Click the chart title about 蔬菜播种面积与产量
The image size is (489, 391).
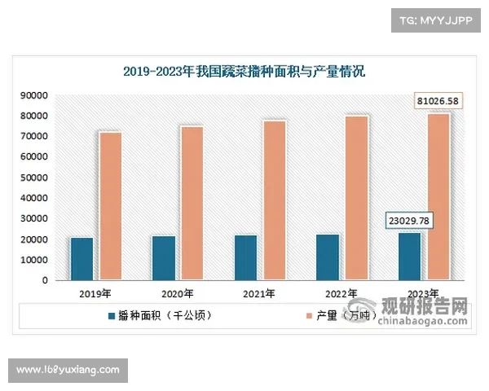(244, 72)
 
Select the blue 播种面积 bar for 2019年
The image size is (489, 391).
(81, 259)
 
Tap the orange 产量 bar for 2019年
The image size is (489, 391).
(110, 206)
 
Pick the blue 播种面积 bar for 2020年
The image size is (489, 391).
(163, 258)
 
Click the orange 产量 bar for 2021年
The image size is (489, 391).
(274, 200)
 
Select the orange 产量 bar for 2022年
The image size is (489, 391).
(356, 198)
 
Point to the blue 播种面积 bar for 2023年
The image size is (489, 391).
(409, 257)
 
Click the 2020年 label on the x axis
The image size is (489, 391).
(177, 293)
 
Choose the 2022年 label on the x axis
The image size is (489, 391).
(341, 293)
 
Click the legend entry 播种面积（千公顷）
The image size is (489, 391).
(159, 314)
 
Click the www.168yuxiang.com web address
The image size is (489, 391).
(68, 371)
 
